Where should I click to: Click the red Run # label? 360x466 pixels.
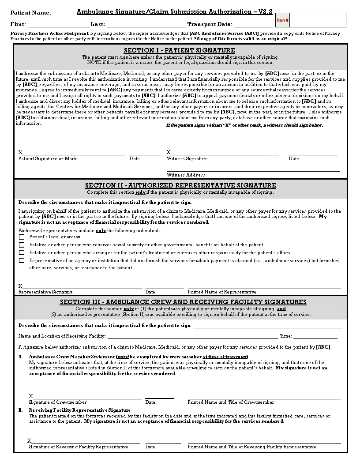282,20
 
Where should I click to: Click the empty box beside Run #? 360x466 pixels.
317,20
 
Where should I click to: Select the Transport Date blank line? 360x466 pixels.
253,26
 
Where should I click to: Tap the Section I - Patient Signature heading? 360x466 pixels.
179,50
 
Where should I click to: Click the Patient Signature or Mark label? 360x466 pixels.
47,159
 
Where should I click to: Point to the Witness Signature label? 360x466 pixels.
187,159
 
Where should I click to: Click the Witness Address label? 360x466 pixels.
186,175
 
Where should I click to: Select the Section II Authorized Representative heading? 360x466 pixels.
180,185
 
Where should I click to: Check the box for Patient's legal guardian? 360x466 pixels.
22,237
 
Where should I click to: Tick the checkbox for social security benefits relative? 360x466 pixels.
22,245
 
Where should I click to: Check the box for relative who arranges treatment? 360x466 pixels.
22,253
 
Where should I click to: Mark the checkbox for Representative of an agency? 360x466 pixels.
22,261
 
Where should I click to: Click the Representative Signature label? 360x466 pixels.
45,292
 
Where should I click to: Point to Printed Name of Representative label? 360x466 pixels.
222,292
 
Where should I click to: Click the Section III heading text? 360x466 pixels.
183,302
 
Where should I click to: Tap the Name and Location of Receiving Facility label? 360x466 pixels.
62,336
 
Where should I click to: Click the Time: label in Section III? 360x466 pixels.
285,336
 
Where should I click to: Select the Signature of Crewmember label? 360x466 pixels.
58,402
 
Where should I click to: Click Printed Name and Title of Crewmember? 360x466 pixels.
231,402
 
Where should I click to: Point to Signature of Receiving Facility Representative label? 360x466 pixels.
79,447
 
